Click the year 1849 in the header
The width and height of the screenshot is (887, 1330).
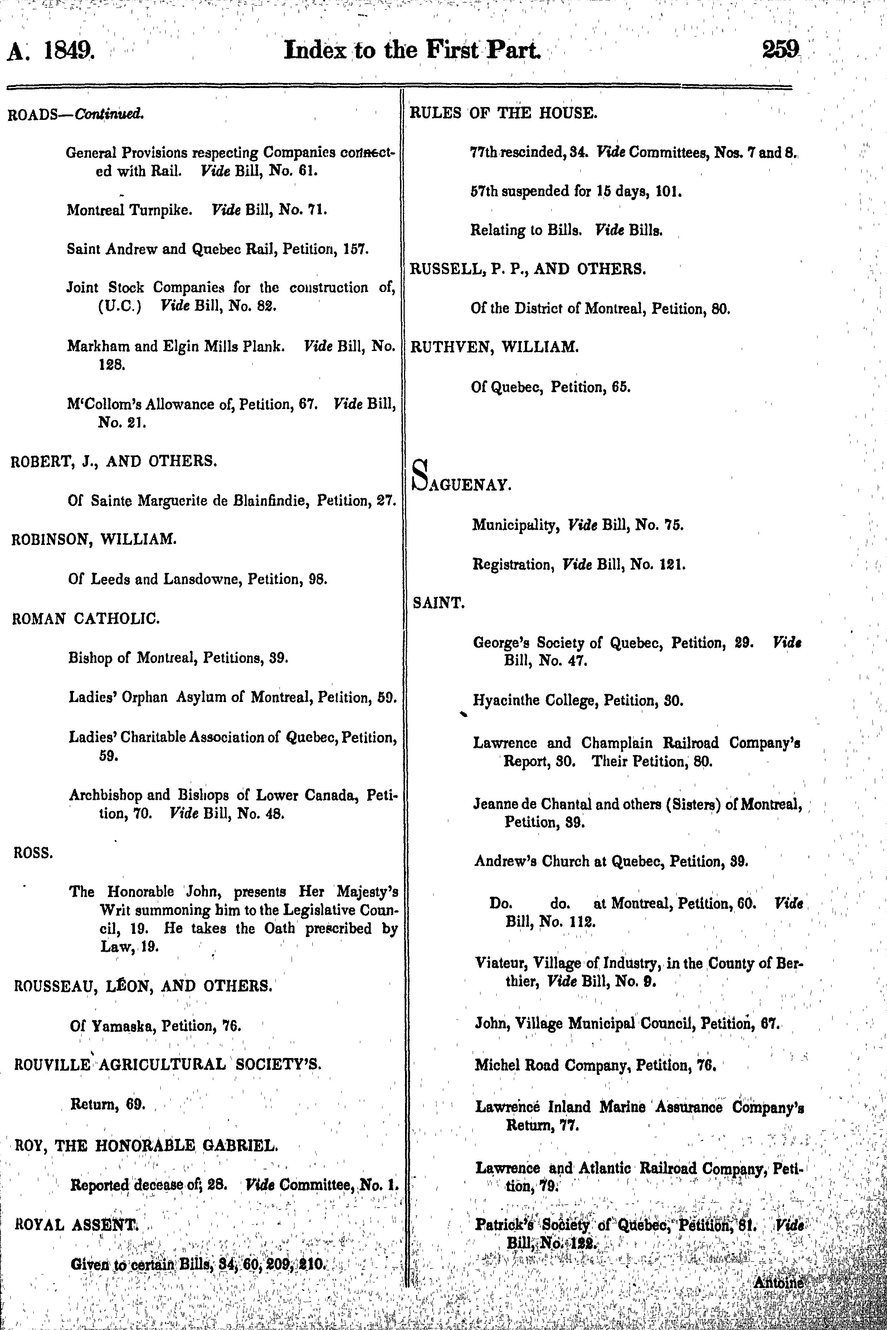(69, 52)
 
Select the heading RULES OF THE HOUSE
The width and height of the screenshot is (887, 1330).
(503, 113)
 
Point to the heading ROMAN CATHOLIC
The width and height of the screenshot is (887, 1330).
(86, 618)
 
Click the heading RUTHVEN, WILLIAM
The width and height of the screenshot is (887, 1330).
(494, 347)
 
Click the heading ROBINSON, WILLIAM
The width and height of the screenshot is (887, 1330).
(93, 539)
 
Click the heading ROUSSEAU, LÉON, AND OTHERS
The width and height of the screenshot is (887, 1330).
(142, 986)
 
